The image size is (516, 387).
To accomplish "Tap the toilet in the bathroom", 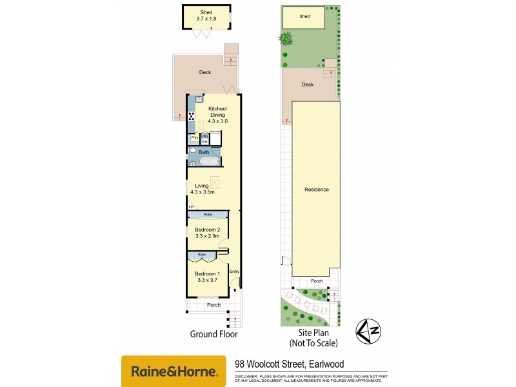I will coord(192,151).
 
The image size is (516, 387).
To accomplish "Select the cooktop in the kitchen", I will coord(192,117).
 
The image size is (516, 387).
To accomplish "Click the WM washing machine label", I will coord(204,141).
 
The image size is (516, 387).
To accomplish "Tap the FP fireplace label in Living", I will coord(190,206).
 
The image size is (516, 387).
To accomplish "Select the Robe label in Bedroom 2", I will coord(208,214).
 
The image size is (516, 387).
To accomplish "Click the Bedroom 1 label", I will coord(208,273).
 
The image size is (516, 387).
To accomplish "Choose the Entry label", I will coord(234,272).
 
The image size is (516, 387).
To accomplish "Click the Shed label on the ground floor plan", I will coord(206,12).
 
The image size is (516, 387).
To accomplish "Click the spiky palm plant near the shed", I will coord(285,39).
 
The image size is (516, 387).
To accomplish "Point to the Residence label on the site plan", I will coord(317,190).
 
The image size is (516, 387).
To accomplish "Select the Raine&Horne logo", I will coord(174,371).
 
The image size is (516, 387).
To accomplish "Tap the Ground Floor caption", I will coord(213,334).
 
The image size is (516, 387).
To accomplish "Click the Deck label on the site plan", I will coord(308,84).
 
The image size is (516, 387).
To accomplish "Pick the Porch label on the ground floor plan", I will coord(213,305).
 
